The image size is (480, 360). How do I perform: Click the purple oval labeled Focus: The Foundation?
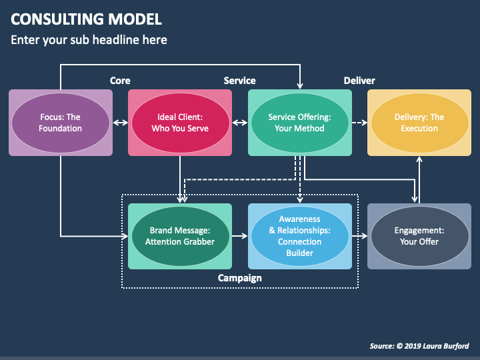pos(61,123)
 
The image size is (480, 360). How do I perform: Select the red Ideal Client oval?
pos(180,123)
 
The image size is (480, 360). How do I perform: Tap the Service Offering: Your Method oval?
pos(300,123)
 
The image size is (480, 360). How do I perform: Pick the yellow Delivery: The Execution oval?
pos(419,123)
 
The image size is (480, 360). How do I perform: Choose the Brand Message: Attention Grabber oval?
pos(180,236)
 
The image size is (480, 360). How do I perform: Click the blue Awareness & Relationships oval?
pos(300,236)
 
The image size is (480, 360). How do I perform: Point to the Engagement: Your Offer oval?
pos(419,236)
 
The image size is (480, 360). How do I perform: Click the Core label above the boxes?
pos(120,81)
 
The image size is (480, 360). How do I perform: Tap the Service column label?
pos(240,81)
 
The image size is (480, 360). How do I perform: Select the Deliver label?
pos(359,81)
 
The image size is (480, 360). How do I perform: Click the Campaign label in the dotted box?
pos(240,278)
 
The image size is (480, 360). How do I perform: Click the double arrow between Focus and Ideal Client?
pos(120,123)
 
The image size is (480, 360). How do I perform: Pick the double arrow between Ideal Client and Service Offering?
pos(240,123)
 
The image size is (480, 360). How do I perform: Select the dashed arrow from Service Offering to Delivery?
pos(360,123)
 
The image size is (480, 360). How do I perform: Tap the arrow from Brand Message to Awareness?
pos(240,236)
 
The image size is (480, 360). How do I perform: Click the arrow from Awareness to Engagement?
pos(360,236)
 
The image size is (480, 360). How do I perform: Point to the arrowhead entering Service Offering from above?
pos(300,85)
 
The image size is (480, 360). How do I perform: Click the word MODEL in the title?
pos(135,19)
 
